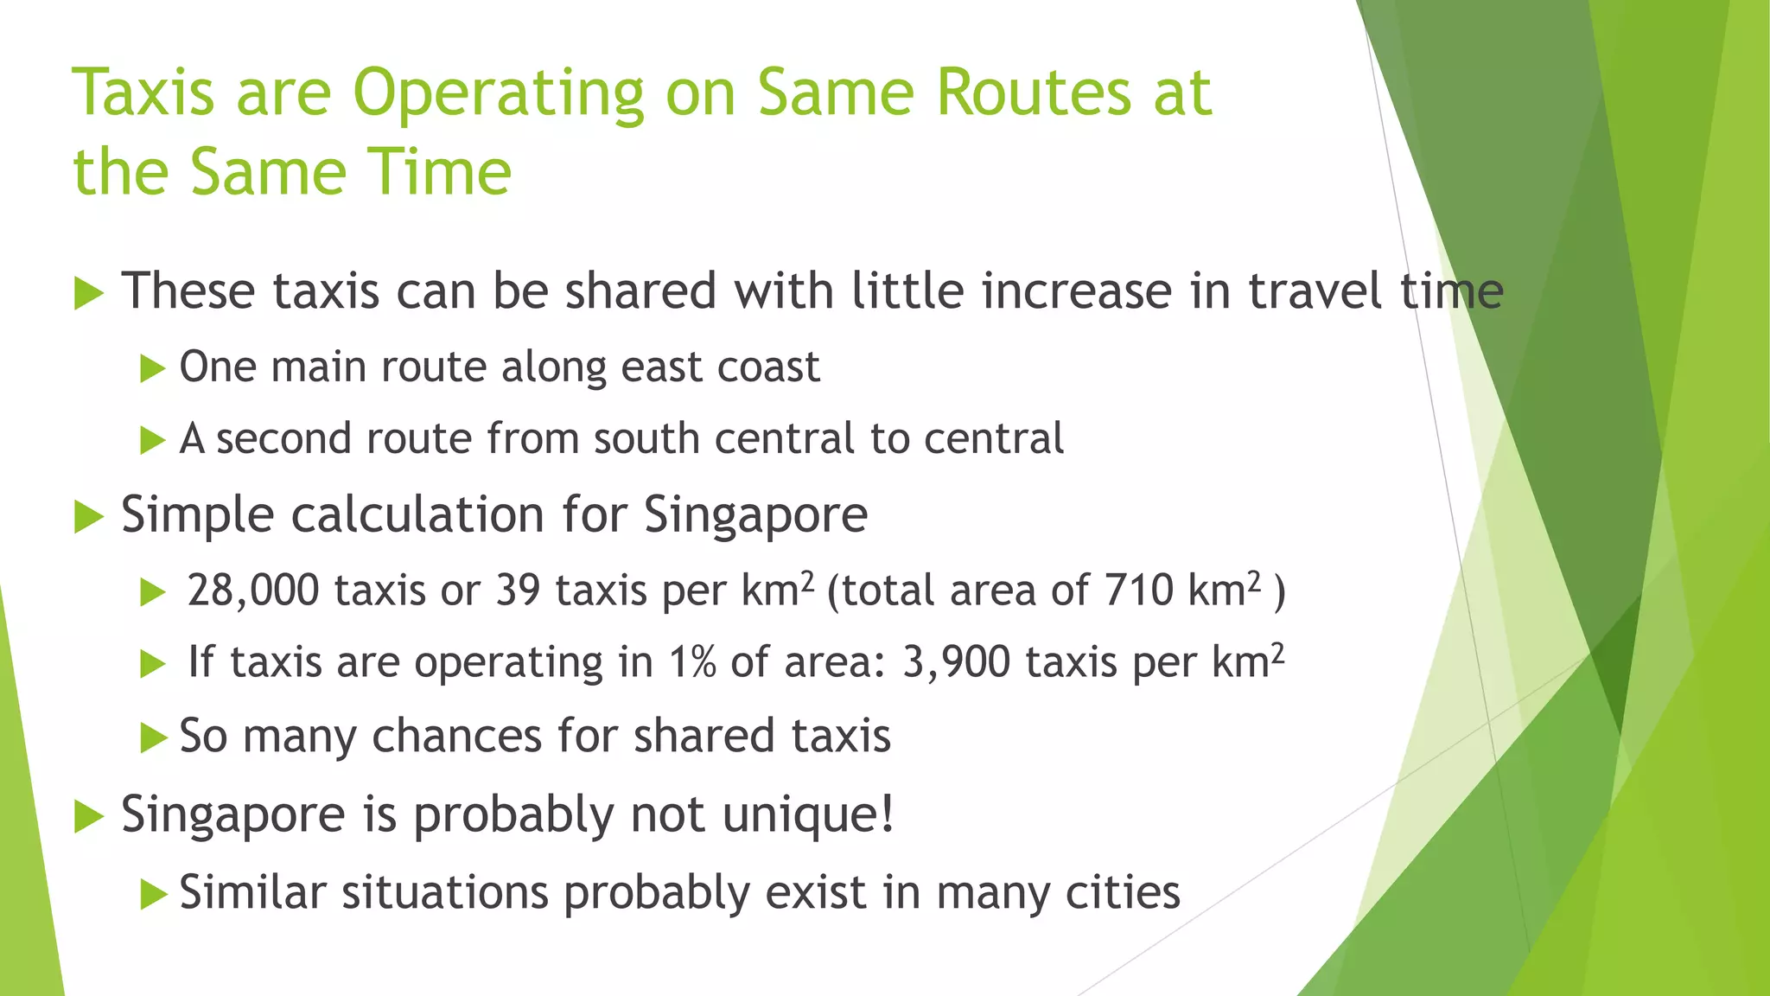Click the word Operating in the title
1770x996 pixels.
(499, 93)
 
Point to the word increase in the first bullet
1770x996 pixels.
(1077, 290)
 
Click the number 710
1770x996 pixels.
(1138, 591)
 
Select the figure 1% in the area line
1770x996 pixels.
(691, 663)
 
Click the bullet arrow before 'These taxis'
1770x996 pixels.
(88, 292)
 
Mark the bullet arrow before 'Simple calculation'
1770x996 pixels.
(88, 516)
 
